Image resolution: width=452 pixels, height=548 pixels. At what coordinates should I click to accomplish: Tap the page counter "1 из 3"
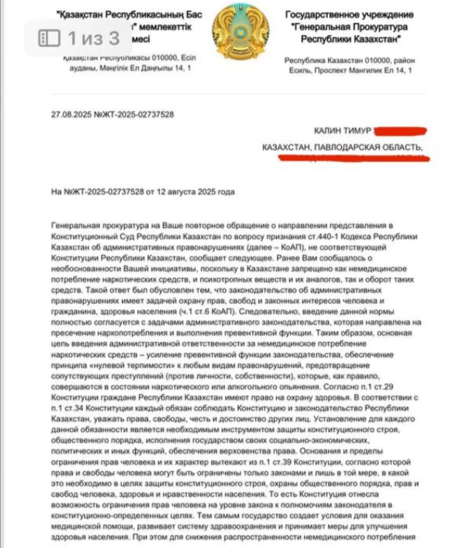[93, 38]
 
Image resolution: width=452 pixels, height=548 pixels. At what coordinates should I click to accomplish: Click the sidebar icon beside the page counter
[49, 38]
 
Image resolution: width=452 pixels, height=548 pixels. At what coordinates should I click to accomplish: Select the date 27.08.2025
[71, 114]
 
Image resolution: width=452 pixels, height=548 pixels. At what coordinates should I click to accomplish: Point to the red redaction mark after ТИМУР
[399, 131]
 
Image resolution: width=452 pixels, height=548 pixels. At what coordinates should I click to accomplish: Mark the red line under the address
[354, 157]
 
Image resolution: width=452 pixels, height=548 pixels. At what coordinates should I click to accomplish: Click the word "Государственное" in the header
[321, 15]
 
